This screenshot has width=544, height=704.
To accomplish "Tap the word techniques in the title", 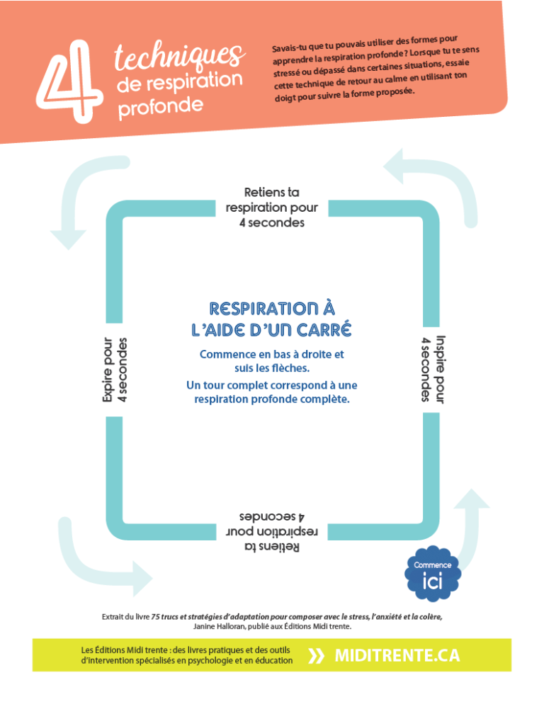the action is tap(180, 56).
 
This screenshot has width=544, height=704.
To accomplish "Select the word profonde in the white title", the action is tap(160, 108).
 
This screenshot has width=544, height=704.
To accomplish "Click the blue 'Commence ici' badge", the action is tap(433, 574).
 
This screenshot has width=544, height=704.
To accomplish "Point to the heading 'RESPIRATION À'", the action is tap(272, 309).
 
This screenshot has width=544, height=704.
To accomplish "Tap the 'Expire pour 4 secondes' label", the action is tap(115, 370).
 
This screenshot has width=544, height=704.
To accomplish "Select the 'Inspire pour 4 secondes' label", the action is tap(433, 368).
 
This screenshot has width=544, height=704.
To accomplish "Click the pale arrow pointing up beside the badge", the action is tap(470, 530).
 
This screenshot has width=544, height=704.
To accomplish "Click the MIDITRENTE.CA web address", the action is tap(397, 656).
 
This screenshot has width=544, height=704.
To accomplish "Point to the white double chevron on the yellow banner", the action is tap(316, 656).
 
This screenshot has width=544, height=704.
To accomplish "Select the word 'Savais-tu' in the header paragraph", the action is tap(289, 48).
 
